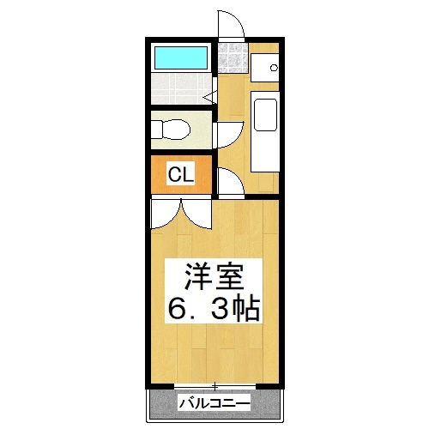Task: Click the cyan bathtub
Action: (x=180, y=57)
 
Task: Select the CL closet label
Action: (x=180, y=175)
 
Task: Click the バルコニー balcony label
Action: (x=214, y=402)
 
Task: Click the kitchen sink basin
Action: (x=265, y=115)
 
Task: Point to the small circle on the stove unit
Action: (x=274, y=68)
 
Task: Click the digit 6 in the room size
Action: (x=178, y=308)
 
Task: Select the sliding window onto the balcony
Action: (x=214, y=384)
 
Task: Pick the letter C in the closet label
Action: (x=173, y=175)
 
